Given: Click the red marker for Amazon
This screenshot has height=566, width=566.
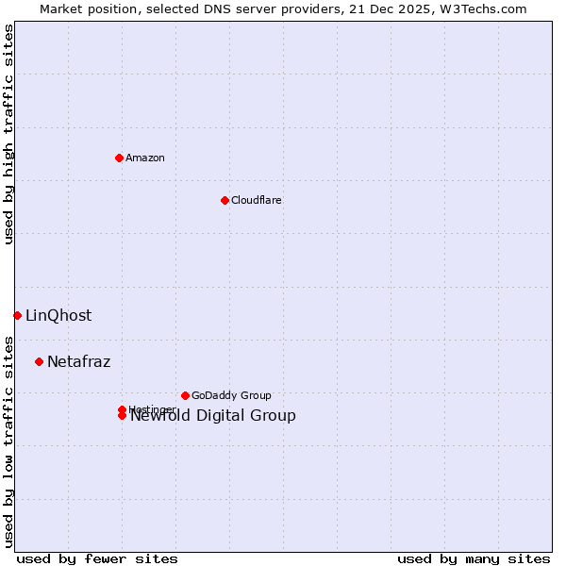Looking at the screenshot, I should click(x=119, y=158).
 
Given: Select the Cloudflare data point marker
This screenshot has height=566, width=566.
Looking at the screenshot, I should click(x=225, y=200).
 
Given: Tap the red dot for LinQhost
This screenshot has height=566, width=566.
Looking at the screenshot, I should click(x=17, y=315).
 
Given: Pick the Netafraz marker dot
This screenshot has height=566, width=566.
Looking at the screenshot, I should click(x=39, y=361).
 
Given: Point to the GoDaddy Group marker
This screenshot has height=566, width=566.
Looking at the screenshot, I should click(x=185, y=395).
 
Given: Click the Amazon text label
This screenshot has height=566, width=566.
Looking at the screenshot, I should click(x=145, y=158).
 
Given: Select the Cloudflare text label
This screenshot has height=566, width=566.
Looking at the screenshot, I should click(x=257, y=200).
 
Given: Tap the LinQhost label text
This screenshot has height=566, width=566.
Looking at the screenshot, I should click(x=58, y=316).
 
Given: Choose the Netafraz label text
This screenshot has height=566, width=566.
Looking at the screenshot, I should click(x=79, y=362).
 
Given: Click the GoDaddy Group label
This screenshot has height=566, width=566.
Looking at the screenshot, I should click(x=231, y=395).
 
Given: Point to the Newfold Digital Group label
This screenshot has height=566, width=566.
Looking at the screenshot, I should click(x=213, y=416).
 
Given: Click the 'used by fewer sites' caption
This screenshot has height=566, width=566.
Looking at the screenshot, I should click(x=97, y=558).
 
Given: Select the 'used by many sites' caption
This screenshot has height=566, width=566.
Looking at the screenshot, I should click(x=474, y=558).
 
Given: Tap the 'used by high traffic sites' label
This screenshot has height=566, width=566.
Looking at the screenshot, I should click(x=8, y=135).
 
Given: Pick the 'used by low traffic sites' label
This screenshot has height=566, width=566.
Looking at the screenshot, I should click(x=8, y=441).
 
